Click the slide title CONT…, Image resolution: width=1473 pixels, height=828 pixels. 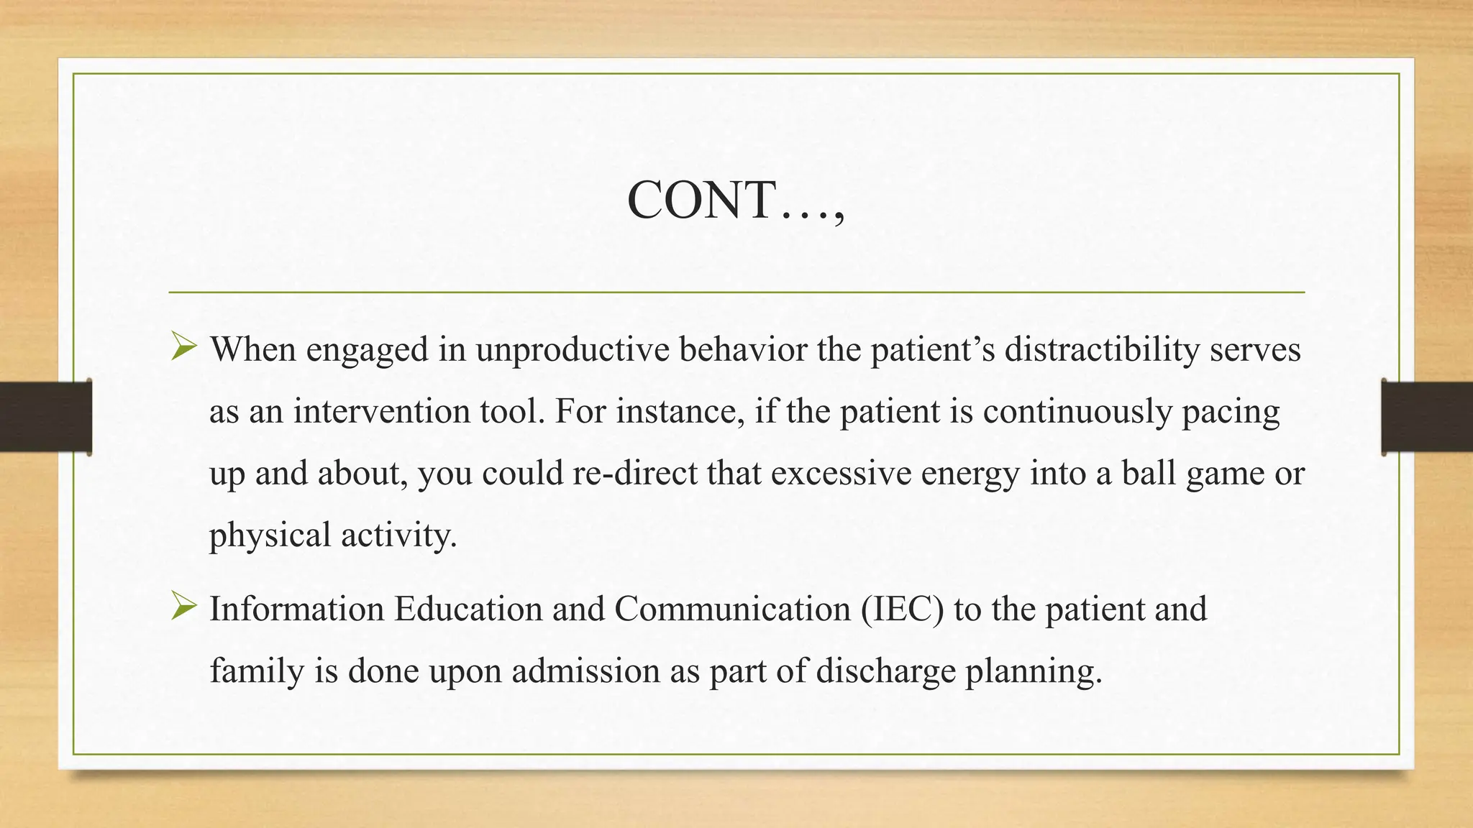(735, 200)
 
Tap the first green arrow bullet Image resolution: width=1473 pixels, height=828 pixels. (184, 348)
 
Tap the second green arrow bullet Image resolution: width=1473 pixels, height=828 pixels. (184, 607)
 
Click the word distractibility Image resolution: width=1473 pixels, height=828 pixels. (1101, 350)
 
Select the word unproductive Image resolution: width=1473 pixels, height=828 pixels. (572, 350)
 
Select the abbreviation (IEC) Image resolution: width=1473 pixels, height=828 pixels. (902, 609)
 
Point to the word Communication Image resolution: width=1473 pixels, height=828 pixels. (733, 609)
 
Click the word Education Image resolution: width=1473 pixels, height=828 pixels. (468, 609)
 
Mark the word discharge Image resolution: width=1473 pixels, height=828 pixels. (885, 671)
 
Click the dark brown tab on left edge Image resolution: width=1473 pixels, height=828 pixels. (45, 417)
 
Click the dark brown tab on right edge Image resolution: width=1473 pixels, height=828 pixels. (1427, 417)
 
